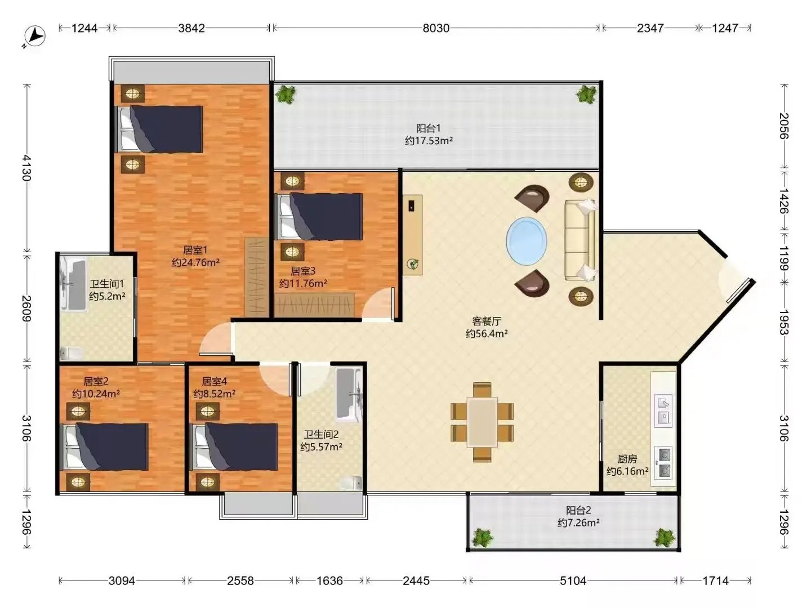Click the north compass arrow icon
(34, 37)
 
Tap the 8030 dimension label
(436, 28)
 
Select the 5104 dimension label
(573, 580)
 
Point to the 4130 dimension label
(26, 168)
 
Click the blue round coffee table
(526, 241)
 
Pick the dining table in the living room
(482, 422)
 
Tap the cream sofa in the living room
(580, 240)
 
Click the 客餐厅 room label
(487, 321)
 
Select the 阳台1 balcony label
(429, 128)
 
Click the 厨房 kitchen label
(627, 459)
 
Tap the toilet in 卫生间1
(72, 353)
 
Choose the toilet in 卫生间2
(351, 483)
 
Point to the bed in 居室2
(105, 446)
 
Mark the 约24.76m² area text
(195, 262)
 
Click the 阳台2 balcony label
(578, 510)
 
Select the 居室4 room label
(215, 381)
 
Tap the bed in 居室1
(160, 129)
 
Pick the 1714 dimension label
(715, 580)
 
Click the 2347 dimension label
(650, 28)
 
